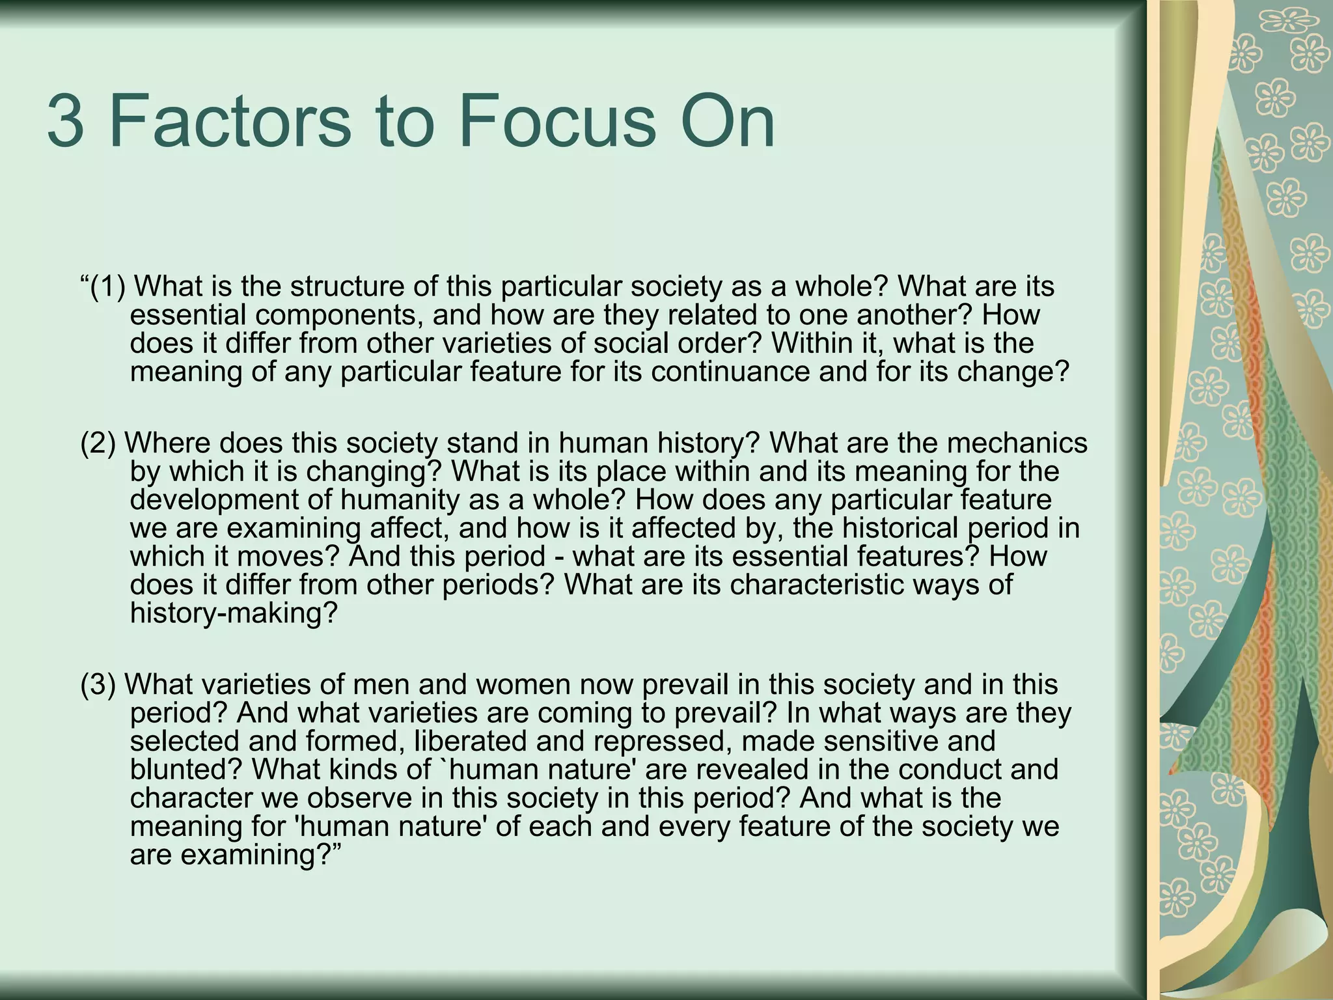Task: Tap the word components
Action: pyautogui.click(x=338, y=315)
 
